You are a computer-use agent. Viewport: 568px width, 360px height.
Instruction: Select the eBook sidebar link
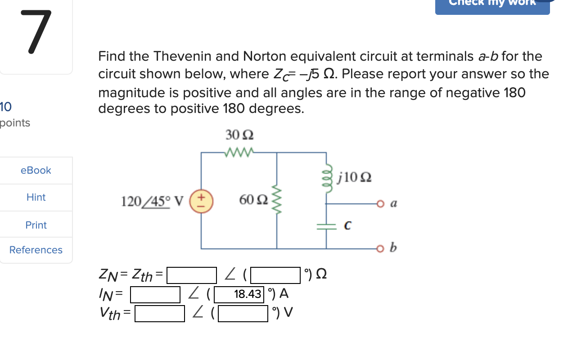36,171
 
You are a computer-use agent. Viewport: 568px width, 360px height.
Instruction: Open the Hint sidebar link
36,197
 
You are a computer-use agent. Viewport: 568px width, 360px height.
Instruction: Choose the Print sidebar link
36,225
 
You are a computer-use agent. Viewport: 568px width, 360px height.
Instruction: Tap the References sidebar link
36,250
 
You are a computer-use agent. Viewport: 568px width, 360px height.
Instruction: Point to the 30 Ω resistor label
239,135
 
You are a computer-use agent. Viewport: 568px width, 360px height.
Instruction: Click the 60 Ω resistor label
254,200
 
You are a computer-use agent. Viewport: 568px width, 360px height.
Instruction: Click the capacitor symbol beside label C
327,226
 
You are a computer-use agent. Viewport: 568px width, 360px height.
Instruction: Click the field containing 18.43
239,294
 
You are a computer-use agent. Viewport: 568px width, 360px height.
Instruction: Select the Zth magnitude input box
192,275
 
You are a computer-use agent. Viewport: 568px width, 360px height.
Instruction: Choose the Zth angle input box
275,275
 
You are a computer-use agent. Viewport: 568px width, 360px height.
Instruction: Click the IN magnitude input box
155,294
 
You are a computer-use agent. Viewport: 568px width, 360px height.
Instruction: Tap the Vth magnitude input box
160,314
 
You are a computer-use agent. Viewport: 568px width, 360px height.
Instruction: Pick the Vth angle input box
243,314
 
